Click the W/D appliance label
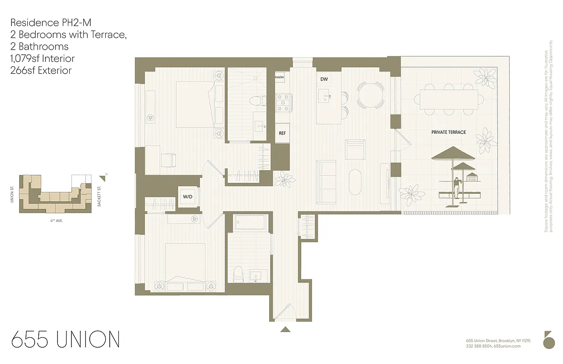[187, 197]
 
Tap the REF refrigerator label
[282, 133]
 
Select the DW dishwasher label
[324, 79]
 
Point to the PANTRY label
[280, 77]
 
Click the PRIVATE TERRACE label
[449, 132]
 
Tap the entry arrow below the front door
[285, 329]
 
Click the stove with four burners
[283, 102]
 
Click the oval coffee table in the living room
[355, 182]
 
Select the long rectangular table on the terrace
[449, 98]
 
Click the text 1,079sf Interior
[42, 58]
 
